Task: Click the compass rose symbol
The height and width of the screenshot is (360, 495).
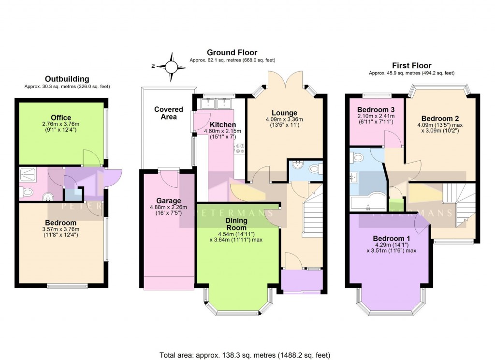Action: (x=172, y=66)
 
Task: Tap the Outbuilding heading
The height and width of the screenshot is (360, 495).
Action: (x=67, y=79)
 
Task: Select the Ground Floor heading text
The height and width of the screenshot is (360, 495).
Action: (x=232, y=52)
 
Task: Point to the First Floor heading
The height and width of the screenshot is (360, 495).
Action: (x=411, y=65)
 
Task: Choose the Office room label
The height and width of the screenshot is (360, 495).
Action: (x=61, y=118)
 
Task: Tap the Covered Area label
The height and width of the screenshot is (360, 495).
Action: (x=169, y=113)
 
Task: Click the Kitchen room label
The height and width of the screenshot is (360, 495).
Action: (x=223, y=125)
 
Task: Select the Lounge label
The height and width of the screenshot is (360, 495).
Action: (x=285, y=113)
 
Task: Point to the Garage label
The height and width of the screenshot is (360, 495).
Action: (x=168, y=201)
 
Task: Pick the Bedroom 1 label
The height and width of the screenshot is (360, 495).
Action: (x=392, y=239)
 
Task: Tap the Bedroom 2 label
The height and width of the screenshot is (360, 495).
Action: (x=440, y=119)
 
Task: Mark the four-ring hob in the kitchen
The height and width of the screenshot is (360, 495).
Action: (x=240, y=147)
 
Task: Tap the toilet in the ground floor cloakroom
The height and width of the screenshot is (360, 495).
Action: (x=315, y=169)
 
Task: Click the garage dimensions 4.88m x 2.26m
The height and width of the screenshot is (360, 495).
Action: (x=168, y=209)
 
